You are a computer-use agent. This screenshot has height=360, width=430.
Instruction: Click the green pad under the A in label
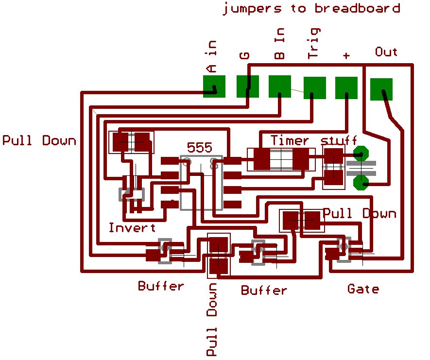(214, 86)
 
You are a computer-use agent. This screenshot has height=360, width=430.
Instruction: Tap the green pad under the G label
(248, 86)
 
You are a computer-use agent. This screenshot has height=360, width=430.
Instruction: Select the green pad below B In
(280, 86)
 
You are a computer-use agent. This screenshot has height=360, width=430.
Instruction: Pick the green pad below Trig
(314, 88)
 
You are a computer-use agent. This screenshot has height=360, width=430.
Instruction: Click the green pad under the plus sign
(346, 88)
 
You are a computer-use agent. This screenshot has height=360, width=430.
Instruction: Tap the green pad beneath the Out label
(381, 89)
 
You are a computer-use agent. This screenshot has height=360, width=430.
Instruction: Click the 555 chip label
(200, 148)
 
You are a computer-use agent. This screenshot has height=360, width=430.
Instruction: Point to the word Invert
(132, 227)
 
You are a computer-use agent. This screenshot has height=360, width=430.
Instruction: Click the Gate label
(363, 289)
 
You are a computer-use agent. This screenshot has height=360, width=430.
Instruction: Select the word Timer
(290, 140)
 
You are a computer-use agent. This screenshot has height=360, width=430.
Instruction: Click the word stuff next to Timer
(339, 140)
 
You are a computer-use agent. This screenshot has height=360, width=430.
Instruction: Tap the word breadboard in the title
(357, 8)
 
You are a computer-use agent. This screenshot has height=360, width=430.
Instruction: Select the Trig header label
(313, 43)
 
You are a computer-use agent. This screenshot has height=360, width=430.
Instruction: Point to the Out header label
(386, 51)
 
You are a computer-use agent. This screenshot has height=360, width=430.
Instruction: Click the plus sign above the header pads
(346, 56)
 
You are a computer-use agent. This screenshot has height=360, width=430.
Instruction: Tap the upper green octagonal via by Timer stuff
(361, 154)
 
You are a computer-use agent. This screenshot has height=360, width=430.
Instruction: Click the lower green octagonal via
(361, 182)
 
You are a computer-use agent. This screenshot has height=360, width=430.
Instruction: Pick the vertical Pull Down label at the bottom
(212, 319)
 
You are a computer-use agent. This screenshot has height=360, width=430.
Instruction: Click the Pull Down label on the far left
(39, 140)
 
